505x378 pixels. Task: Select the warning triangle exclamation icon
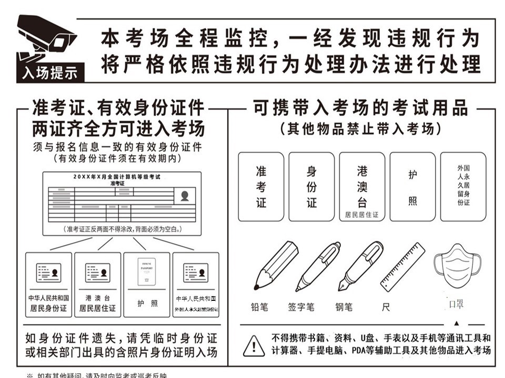pyautogui.click(x=254, y=345)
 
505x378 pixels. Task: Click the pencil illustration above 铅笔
pyautogui.click(x=275, y=266)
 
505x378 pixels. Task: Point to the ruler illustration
pyautogui.click(x=402, y=267)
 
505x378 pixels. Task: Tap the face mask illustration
pyautogui.click(x=457, y=268)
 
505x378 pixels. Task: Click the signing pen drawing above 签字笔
pyautogui.click(x=318, y=266)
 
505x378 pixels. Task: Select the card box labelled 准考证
pyautogui.click(x=261, y=186)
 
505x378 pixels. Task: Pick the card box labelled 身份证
pyautogui.click(x=311, y=186)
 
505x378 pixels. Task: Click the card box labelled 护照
pyautogui.click(x=412, y=186)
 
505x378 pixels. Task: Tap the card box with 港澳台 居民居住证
pyautogui.click(x=362, y=186)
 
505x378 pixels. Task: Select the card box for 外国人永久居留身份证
pyautogui.click(x=463, y=186)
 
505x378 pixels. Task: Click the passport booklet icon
pyautogui.click(x=147, y=271)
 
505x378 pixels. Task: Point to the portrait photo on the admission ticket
pyautogui.click(x=185, y=196)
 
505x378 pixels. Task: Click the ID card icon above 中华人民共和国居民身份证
pyautogui.click(x=48, y=272)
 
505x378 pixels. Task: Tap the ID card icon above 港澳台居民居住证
pyautogui.click(x=97, y=272)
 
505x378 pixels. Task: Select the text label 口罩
pyautogui.click(x=456, y=304)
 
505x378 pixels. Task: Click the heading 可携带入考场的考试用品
pyautogui.click(x=360, y=108)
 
